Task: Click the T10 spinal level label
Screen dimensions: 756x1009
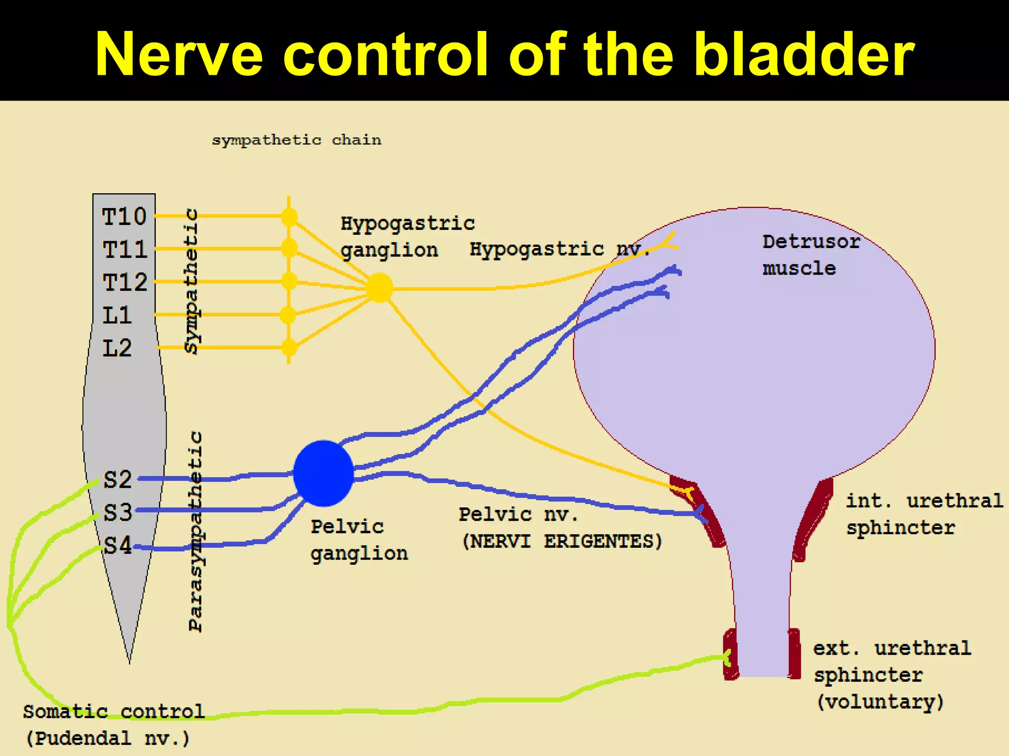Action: pos(124,217)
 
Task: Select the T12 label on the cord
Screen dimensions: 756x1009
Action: pos(125,283)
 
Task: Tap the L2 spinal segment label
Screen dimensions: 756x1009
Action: pos(117,348)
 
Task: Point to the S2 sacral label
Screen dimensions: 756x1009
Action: pos(118,479)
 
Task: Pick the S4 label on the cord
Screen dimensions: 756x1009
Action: pos(118,545)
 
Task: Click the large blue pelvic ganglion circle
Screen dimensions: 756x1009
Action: pos(323,473)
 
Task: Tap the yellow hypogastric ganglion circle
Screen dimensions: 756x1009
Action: pos(379,287)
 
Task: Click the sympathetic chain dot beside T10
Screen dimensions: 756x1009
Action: pos(289,217)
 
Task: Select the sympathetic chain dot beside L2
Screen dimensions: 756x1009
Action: pos(289,348)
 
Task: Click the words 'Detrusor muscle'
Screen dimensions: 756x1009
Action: pos(810,255)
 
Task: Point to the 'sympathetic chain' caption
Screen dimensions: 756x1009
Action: pos(297,140)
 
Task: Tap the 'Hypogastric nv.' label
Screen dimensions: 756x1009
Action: pos(559,249)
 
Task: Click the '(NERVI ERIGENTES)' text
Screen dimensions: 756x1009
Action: pos(562,541)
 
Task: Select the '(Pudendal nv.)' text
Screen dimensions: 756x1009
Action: pos(107,738)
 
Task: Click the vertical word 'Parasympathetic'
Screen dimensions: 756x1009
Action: pos(196,532)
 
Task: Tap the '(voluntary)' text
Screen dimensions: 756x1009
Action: pos(880,701)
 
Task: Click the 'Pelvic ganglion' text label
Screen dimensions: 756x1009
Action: pos(359,540)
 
